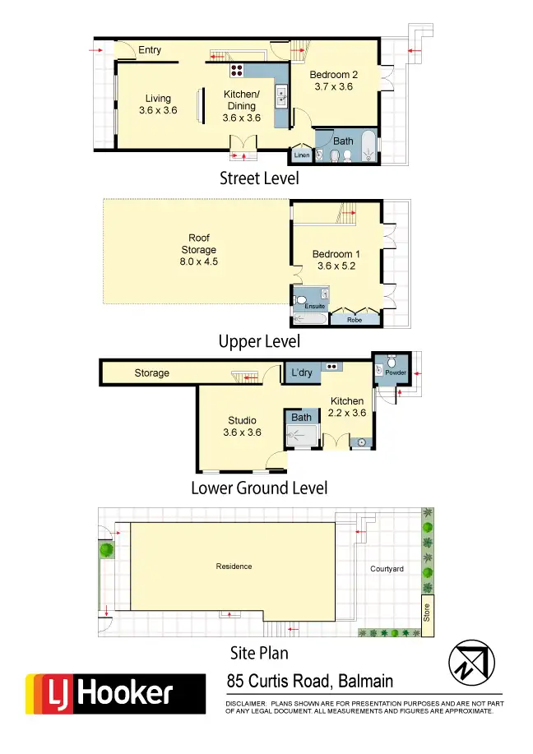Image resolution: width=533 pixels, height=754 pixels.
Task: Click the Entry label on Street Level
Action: coord(150,50)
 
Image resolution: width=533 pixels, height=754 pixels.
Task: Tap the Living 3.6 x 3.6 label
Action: coord(158,104)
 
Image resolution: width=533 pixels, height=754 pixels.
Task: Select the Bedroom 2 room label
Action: coord(334,81)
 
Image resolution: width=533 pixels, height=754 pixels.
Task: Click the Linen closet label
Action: coord(302,155)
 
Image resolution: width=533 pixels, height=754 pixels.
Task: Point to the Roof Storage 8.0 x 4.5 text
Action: coord(198,250)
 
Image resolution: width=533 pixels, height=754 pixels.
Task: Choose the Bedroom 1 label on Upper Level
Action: coord(334,260)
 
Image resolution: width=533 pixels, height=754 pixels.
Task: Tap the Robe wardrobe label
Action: coord(355,319)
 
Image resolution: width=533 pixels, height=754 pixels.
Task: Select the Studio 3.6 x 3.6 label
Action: coord(242,427)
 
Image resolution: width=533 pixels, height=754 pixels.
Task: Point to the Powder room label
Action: coord(396,372)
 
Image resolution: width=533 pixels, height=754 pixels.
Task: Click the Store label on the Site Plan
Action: coord(426,613)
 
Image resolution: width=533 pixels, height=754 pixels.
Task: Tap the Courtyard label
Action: coord(387,568)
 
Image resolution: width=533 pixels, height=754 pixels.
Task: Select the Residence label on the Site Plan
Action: coord(234,566)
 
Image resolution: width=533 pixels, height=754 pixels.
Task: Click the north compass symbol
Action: coord(470,660)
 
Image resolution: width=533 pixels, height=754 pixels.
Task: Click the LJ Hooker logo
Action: coord(115,693)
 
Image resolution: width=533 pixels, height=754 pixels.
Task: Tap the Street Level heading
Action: coord(259,178)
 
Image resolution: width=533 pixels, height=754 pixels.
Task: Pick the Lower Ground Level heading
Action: coord(259,488)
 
